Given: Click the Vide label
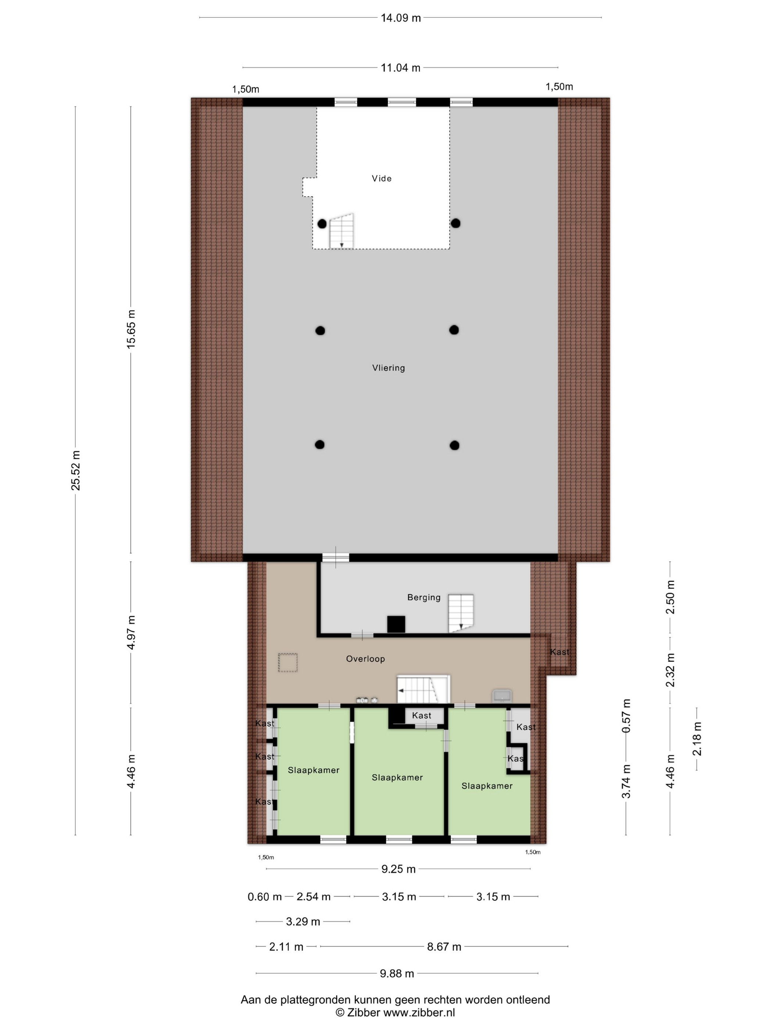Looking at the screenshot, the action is (x=382, y=178).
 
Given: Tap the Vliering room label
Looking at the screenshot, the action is (x=389, y=368).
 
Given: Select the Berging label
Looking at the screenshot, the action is (x=424, y=597).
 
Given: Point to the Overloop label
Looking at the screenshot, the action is (x=365, y=659).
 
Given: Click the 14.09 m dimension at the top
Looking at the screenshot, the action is (x=401, y=18).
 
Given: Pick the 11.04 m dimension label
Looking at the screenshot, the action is (x=401, y=68).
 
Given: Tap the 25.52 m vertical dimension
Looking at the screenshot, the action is (x=76, y=470).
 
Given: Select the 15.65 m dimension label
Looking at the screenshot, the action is (x=131, y=329).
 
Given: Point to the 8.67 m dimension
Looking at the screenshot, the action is (x=444, y=946).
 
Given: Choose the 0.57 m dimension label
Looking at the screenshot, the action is (x=626, y=716).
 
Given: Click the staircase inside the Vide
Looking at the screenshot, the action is (x=342, y=231).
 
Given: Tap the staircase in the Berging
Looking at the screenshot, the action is (x=461, y=613).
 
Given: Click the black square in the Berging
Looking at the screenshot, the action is (x=396, y=624).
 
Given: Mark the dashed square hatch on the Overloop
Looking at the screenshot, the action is (x=287, y=663).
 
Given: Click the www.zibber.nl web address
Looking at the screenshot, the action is (x=419, y=1013).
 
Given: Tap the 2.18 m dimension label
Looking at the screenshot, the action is (x=697, y=739).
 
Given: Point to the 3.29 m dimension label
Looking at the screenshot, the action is (x=303, y=921).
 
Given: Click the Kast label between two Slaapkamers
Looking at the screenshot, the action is (x=422, y=715).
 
